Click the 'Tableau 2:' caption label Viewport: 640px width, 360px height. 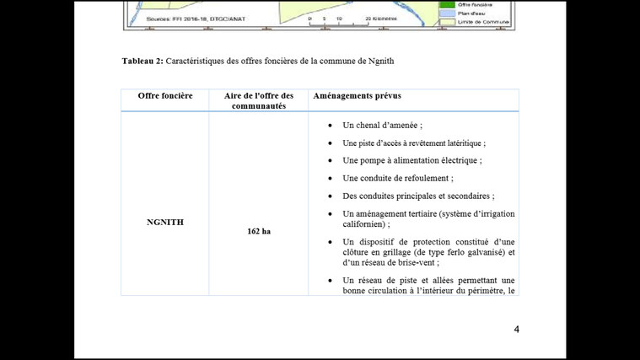[143, 62]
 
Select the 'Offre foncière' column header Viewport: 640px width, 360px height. [165, 96]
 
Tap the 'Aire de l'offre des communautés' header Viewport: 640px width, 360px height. [259, 101]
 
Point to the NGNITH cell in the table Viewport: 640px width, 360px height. [165, 223]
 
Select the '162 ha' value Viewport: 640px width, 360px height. [259, 231]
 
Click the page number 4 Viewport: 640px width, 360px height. [517, 329]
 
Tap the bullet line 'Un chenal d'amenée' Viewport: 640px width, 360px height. [382, 126]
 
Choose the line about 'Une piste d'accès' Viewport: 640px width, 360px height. [413, 143]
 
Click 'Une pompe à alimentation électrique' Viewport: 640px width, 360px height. [411, 161]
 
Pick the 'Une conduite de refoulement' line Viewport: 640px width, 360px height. [397, 179]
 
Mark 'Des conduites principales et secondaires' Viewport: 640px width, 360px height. [418, 196]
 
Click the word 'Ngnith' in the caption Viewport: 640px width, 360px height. [380, 62]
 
